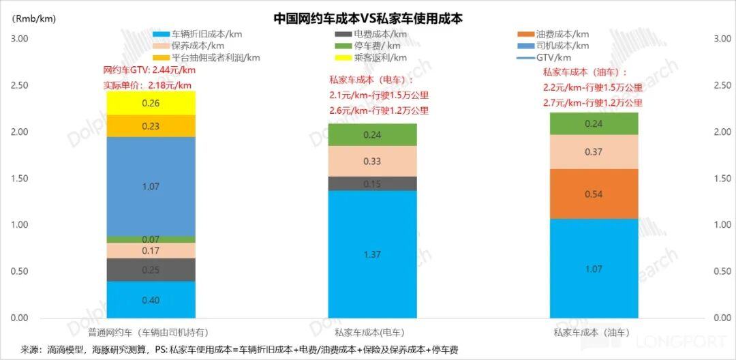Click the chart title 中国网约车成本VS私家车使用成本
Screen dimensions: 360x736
[368, 18]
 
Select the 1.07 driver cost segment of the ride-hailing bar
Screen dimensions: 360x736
[151, 185]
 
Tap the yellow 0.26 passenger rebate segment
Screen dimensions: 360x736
[151, 103]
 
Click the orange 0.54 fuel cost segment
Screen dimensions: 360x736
[594, 194]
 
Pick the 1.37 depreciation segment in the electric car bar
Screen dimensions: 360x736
[372, 254]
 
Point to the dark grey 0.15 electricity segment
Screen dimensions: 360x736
[372, 184]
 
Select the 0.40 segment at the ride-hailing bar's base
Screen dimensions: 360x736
[151, 300]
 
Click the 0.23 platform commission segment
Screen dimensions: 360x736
[151, 125]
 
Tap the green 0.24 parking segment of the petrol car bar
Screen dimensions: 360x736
[594, 124]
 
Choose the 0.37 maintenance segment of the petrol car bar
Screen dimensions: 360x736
[594, 152]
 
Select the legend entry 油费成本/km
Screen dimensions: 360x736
[562, 33]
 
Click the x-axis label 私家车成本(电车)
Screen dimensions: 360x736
[369, 333]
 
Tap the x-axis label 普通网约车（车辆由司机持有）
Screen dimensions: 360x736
[148, 333]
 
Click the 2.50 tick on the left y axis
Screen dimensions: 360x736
[20, 85]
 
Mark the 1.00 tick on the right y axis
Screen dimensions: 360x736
[721, 225]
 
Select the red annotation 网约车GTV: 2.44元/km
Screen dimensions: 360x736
[149, 70]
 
